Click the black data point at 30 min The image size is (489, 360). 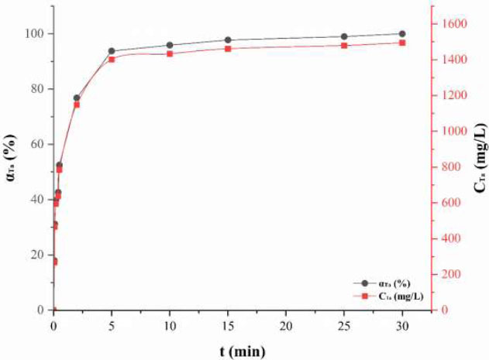tap(401, 33)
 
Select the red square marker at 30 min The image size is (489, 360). tap(401, 43)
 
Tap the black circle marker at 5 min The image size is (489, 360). tap(112, 51)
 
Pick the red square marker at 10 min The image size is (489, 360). tap(170, 53)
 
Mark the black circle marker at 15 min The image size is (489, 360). tap(228, 39)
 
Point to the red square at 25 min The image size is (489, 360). tap(344, 46)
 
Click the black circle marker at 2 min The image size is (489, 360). tap(77, 98)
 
